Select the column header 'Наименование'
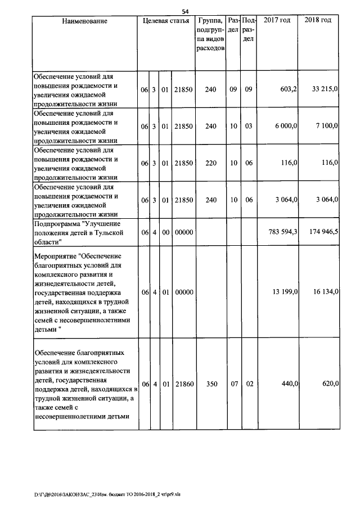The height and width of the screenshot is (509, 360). (84, 21)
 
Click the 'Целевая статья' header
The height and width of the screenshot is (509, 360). (166, 21)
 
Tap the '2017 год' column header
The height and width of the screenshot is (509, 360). (277, 20)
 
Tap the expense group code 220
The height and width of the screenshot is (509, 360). (210, 163)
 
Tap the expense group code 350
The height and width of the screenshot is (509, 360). (210, 384)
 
